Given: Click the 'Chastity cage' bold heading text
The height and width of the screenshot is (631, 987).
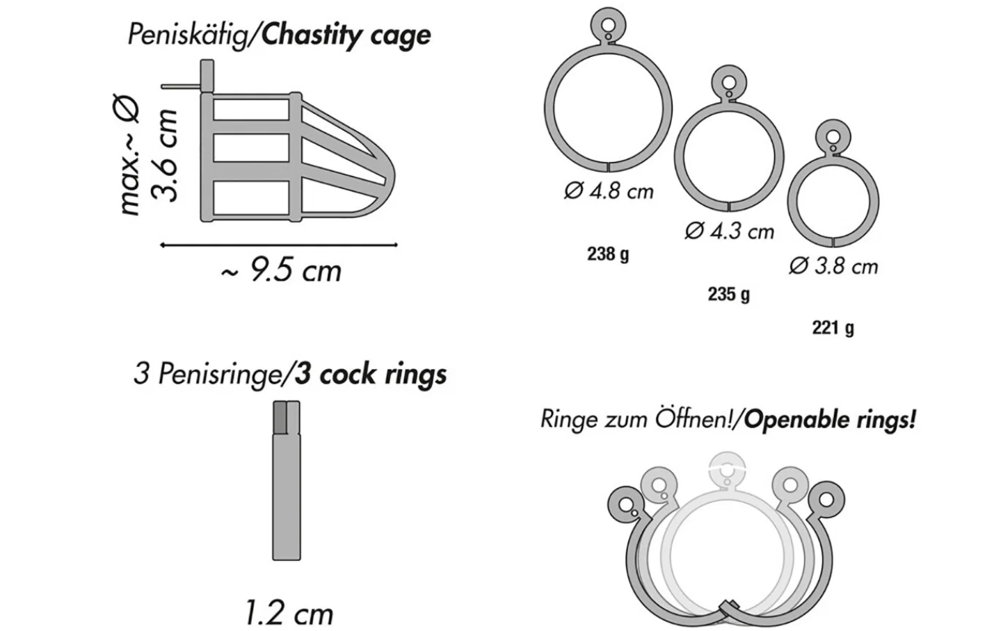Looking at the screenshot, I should (346, 35).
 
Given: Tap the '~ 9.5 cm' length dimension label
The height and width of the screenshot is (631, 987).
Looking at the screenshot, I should (282, 271).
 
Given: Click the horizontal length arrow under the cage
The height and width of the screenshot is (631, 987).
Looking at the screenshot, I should (278, 245).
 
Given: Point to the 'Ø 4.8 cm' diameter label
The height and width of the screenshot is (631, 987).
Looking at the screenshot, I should (609, 190).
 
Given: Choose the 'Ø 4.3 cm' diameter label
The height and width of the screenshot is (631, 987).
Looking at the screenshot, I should (729, 231).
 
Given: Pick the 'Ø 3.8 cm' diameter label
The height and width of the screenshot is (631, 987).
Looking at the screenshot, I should (833, 266).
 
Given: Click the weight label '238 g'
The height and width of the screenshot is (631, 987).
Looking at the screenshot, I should (608, 254).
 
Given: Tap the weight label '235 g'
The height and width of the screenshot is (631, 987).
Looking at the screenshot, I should (729, 294).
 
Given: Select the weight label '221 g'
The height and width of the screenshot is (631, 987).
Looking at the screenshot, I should (833, 327).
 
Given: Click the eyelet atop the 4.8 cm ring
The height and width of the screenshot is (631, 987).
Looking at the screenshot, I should (608, 26).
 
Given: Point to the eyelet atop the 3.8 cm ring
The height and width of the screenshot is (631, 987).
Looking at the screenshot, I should (833, 136).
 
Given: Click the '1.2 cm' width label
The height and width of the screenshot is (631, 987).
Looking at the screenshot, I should (289, 614).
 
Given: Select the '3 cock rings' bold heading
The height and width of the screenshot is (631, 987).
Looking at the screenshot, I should (370, 374).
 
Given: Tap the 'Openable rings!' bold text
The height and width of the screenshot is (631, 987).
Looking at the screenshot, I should (830, 419).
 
